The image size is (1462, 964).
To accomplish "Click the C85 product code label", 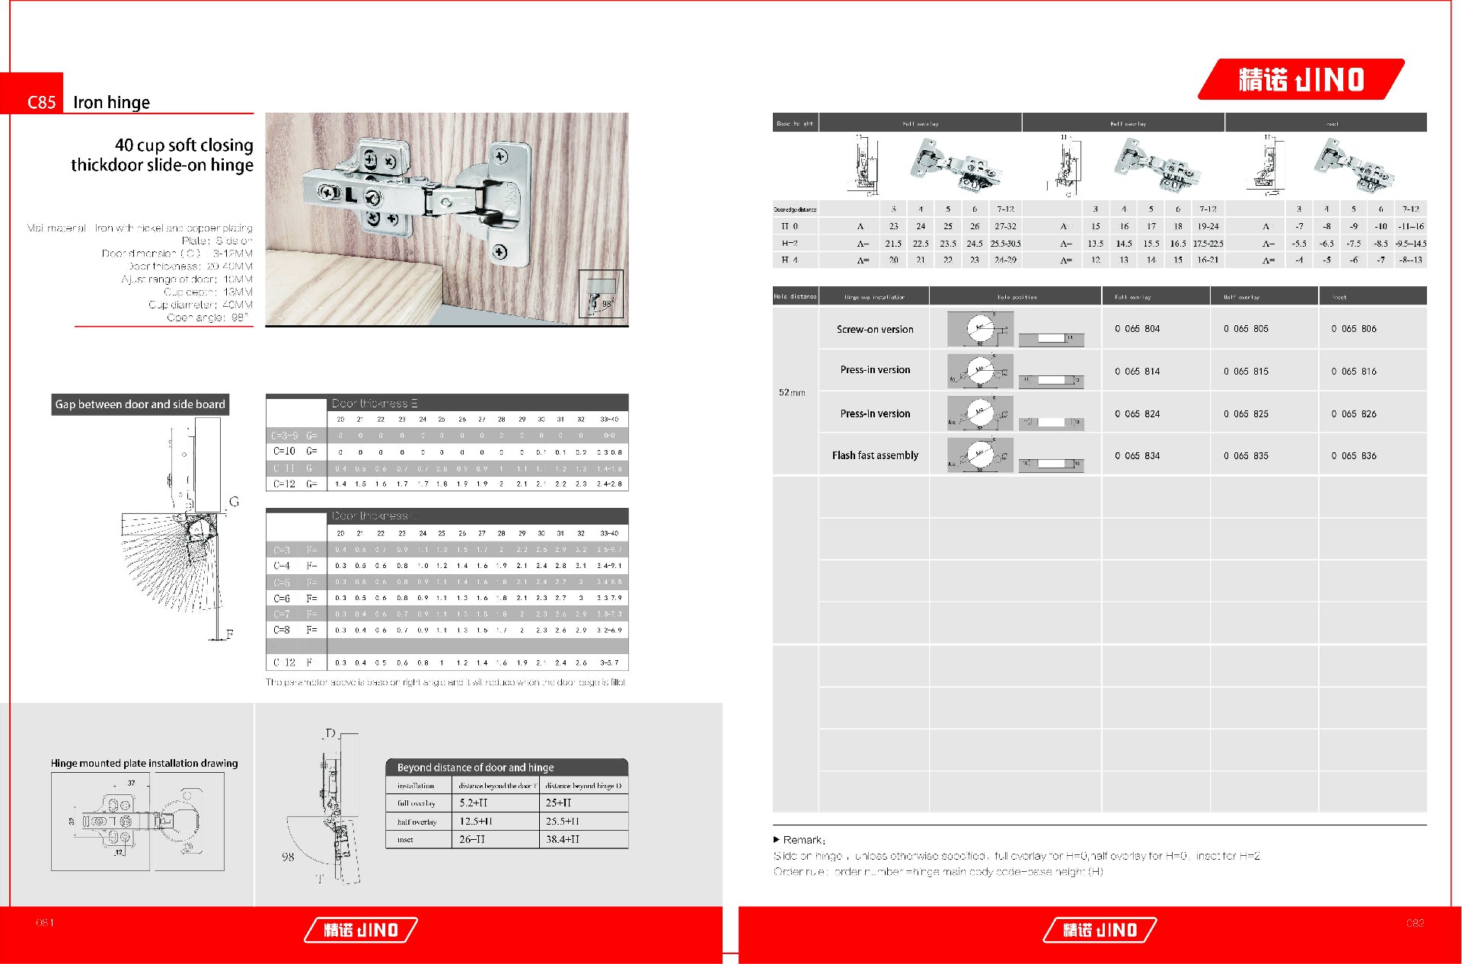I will (41, 102).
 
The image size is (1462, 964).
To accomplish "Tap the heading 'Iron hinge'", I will (111, 102).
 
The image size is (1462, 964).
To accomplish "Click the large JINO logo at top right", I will (1301, 79).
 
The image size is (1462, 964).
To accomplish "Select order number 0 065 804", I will (1137, 329).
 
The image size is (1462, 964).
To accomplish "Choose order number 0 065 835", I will (1246, 456).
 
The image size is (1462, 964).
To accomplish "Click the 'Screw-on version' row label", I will (874, 330).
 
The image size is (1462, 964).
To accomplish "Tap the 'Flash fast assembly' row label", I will (874, 455).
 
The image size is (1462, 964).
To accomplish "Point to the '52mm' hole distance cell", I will (792, 393).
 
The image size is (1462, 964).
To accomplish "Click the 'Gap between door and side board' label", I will (140, 404).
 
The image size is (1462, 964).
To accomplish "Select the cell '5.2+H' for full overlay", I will (474, 803).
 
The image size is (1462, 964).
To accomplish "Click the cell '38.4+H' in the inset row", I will (563, 839).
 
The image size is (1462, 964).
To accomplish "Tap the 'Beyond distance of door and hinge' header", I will (475, 768).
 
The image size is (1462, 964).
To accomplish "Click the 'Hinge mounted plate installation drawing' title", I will (144, 763).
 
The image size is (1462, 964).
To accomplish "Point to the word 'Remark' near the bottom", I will (803, 840).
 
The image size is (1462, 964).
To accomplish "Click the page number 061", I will (45, 923).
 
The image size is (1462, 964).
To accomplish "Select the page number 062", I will (1415, 923).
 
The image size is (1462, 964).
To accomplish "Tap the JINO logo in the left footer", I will (361, 930).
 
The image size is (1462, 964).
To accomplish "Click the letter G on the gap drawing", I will (234, 502).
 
